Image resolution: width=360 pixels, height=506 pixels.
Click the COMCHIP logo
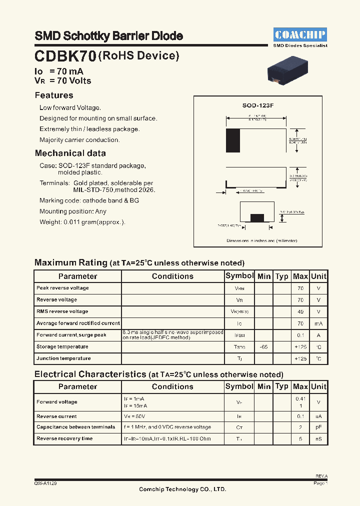pos(300,34)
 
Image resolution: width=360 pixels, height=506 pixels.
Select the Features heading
pos(54,95)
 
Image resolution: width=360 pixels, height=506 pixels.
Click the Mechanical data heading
pos(70,153)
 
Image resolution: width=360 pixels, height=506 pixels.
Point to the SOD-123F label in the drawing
pos(258,106)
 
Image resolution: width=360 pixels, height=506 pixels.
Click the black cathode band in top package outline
pos(233,140)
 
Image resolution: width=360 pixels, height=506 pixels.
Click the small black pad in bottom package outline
pos(257,217)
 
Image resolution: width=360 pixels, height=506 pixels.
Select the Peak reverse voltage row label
pos(62,288)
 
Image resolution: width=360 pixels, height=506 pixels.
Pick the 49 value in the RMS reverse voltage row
pos(300,311)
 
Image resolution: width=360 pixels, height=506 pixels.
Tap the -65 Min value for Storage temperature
pos(263,347)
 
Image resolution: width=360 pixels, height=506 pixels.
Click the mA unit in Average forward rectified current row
pos(318,323)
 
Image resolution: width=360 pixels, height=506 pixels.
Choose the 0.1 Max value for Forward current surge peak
pos(300,335)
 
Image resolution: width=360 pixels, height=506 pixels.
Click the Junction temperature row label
pos(63,358)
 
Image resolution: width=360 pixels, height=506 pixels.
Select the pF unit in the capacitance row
pos(318,427)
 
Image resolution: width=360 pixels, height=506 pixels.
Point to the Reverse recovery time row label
pos(64,439)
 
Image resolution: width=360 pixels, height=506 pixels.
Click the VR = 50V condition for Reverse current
pos(134,416)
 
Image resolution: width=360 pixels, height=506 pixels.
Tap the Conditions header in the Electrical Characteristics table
pos(172,386)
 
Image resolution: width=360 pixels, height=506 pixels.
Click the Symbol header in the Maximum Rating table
pos(239,276)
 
